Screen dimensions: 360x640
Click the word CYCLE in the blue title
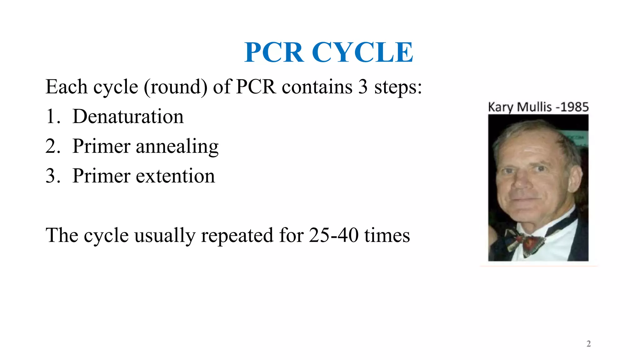(x=362, y=52)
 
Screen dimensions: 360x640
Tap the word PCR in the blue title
(x=274, y=52)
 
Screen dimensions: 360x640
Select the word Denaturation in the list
(x=128, y=116)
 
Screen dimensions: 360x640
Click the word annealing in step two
(x=177, y=146)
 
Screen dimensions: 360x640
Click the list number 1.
(x=52, y=116)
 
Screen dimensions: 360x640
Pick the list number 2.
(x=52, y=146)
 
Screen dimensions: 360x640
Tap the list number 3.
(x=52, y=176)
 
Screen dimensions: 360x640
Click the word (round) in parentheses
(x=176, y=87)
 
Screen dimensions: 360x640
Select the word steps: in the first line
(x=398, y=87)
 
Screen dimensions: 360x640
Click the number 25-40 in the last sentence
(x=333, y=235)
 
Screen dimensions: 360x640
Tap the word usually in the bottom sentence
(x=165, y=236)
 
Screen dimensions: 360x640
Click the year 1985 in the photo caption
(x=574, y=107)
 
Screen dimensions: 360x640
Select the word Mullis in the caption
(x=534, y=107)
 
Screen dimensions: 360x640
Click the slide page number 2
(x=588, y=344)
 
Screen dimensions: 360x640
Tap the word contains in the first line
(x=317, y=87)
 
